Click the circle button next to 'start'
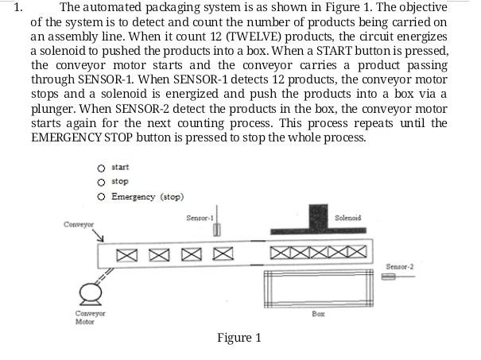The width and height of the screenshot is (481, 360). point(101,168)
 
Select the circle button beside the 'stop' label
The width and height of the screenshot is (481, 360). point(101,182)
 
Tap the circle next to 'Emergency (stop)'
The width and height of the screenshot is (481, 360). point(101,196)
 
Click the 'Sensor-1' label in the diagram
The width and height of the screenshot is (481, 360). point(200,217)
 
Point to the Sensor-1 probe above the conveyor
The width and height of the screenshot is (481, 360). point(216,229)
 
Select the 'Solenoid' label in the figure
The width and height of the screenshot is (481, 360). point(348,217)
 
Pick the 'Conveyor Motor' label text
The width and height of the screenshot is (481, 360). point(78,318)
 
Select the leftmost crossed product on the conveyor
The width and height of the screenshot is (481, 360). point(127,255)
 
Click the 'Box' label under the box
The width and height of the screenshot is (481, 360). point(319,315)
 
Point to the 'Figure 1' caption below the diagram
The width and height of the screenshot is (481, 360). point(239,338)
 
